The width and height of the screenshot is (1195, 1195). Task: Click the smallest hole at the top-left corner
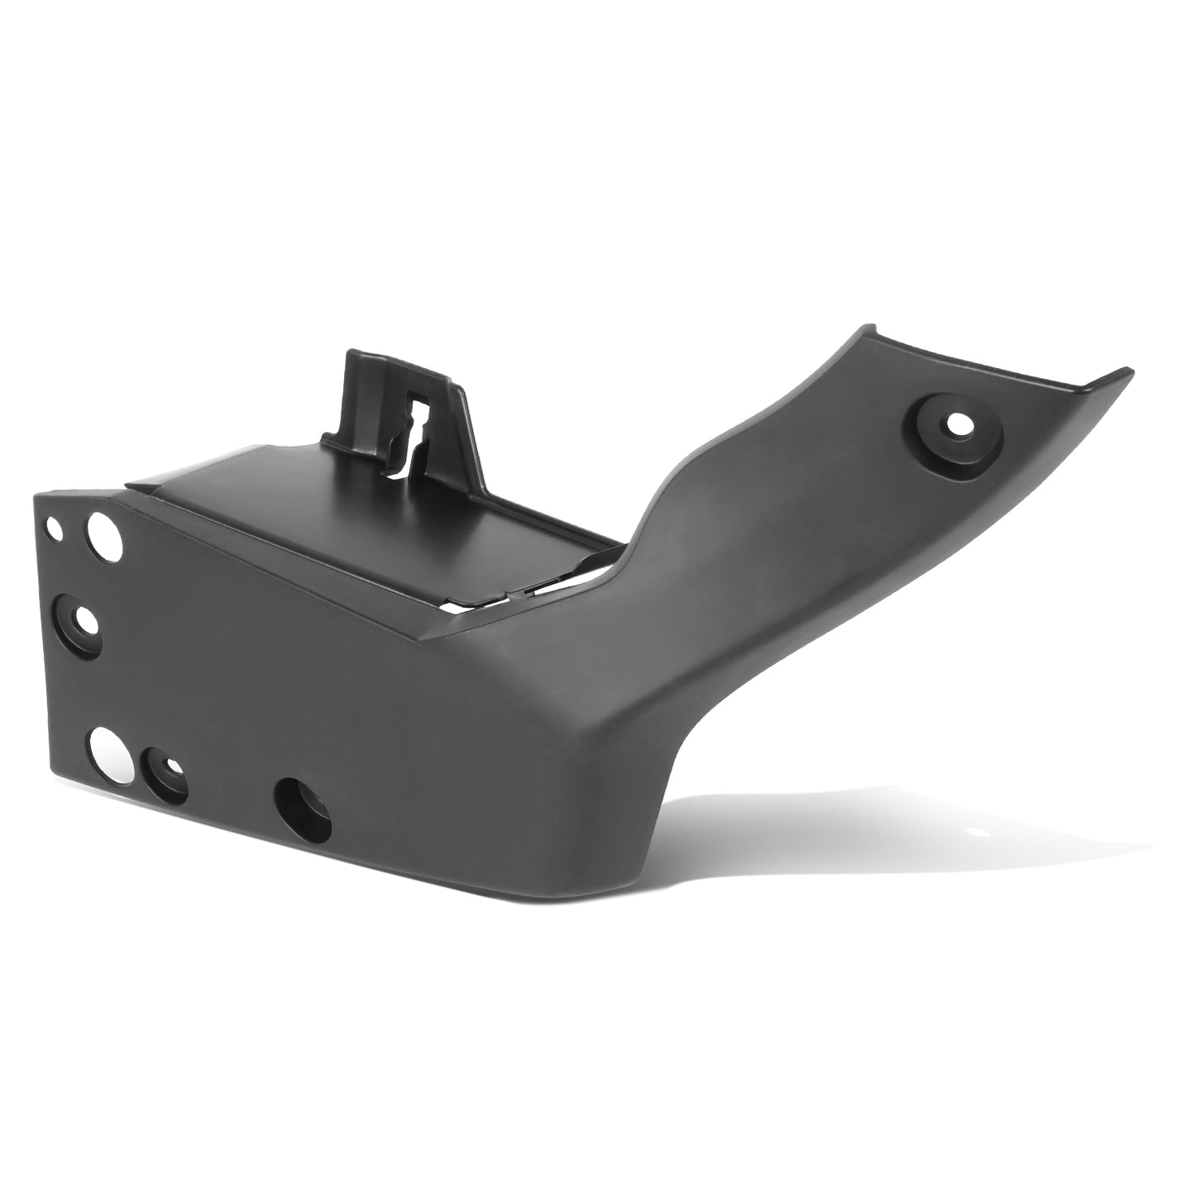click(x=55, y=524)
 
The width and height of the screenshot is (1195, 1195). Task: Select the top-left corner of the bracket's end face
click(x=36, y=496)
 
